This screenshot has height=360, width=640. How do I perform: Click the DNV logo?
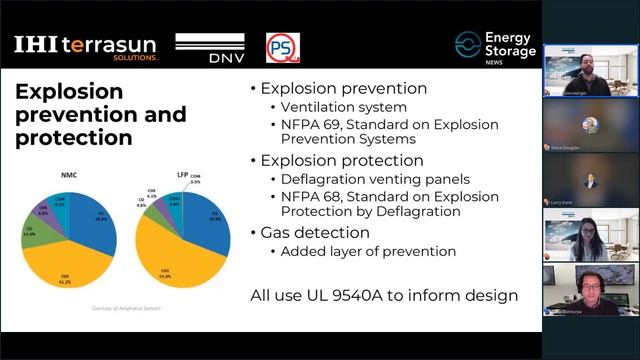pyautogui.click(x=210, y=47)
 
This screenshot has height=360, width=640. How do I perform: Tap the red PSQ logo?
pyautogui.click(x=282, y=47)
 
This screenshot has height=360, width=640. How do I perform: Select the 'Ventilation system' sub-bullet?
pyautogui.click(x=329, y=107)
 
